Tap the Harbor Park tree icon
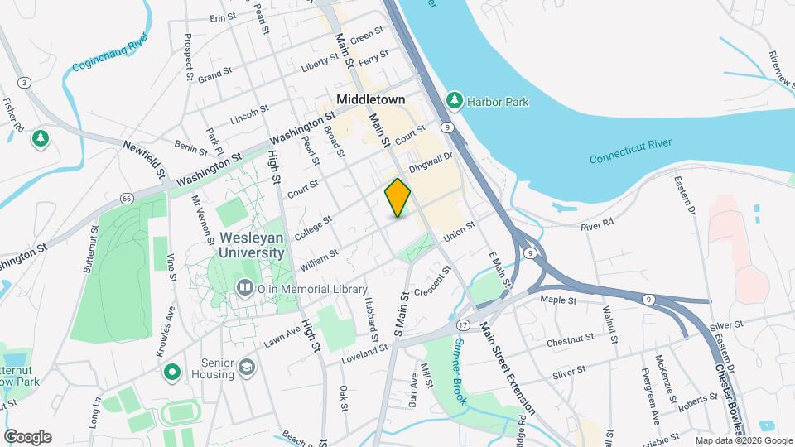pyautogui.click(x=455, y=101)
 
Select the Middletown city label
pyautogui.click(x=370, y=99)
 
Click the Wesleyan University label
pyautogui.click(x=253, y=245)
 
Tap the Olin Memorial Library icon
pyautogui.click(x=245, y=289)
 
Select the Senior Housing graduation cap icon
pyautogui.click(x=247, y=365)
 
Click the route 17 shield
pyautogui.click(x=463, y=324)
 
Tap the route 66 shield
pyautogui.click(x=126, y=199)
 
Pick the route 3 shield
pyautogui.click(x=26, y=82)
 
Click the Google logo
pyautogui.click(x=27, y=436)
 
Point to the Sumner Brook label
pyautogui.click(x=460, y=363)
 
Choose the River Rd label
pyautogui.click(x=597, y=224)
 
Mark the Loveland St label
pyautogui.click(x=365, y=355)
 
